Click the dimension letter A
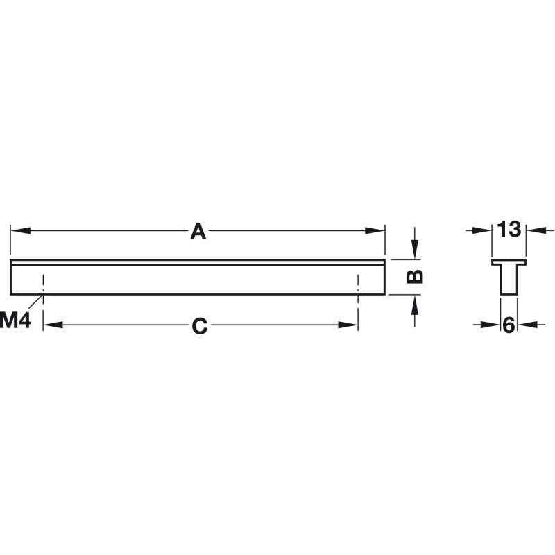pyautogui.click(x=198, y=231)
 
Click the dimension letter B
pyautogui.click(x=414, y=276)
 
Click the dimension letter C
pyautogui.click(x=200, y=325)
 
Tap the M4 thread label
pyautogui.click(x=15, y=321)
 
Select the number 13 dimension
pyautogui.click(x=509, y=229)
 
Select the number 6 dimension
pyautogui.click(x=509, y=325)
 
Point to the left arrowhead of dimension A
pyautogui.click(x=20, y=231)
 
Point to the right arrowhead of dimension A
pyautogui.click(x=375, y=231)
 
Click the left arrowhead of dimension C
pyautogui.click(x=53, y=325)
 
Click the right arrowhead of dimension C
pyautogui.click(x=348, y=325)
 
